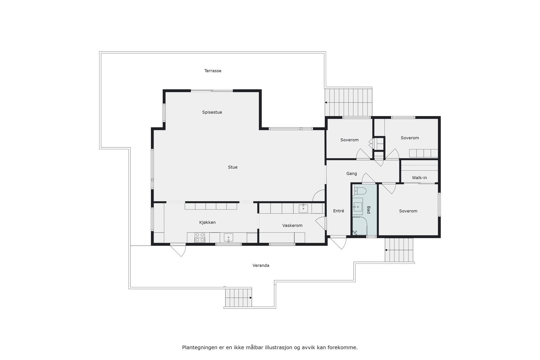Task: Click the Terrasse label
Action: pos(213,71)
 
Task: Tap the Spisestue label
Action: pos(212,112)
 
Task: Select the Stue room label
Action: pos(233,167)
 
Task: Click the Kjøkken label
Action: pos(207,222)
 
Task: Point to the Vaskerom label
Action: pos(292,225)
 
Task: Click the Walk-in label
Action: pos(419,178)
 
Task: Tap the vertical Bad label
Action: pos(369,210)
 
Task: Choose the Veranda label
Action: pos(261,266)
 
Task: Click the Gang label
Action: pos(351,174)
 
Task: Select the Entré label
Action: pos(339,211)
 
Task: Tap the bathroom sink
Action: pos(357,206)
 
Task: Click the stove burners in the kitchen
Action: pos(200,238)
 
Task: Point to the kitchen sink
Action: pos(228,238)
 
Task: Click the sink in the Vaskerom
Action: pos(303,208)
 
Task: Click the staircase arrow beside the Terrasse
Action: pos(327,102)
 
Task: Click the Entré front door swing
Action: pos(339,243)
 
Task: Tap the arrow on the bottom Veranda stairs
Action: pos(250,298)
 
